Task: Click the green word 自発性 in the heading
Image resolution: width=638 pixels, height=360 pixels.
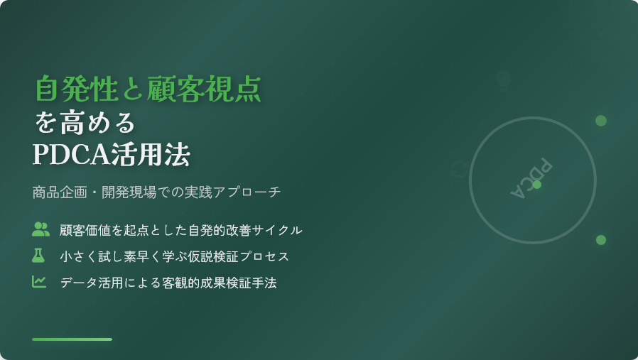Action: point(76,88)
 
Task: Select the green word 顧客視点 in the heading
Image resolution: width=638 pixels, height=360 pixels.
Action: point(204,88)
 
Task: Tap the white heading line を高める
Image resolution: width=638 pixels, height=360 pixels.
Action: point(84,122)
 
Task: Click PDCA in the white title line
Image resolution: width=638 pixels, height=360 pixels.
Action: point(71,154)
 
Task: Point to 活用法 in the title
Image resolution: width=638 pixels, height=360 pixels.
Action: point(151,154)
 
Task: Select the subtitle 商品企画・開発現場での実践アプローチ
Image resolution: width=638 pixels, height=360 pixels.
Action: point(156,192)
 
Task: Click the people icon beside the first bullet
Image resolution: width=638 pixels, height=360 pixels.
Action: point(40,229)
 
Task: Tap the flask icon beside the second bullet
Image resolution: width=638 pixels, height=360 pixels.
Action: point(38,256)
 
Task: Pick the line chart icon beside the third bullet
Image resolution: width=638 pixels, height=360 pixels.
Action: point(39,281)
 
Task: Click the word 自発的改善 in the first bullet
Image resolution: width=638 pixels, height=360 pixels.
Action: point(220,230)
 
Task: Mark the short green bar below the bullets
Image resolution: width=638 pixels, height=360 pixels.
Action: point(72,339)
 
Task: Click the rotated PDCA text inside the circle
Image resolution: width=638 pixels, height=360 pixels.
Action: point(531,178)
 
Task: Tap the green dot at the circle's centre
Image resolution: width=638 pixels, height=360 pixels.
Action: point(537,185)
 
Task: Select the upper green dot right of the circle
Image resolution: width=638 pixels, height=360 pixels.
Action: point(601,121)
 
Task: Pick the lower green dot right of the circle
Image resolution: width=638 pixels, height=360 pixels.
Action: point(601,240)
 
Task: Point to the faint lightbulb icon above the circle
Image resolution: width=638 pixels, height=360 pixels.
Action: point(504,81)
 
